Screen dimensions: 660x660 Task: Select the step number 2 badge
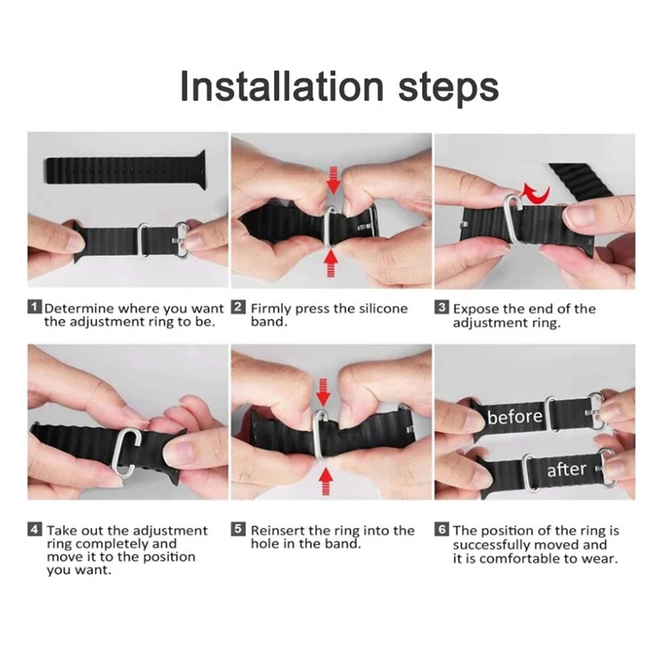(x=238, y=307)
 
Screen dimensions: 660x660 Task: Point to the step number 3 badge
(x=441, y=308)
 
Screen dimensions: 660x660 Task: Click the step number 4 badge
(x=35, y=529)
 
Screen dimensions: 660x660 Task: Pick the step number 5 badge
(x=238, y=529)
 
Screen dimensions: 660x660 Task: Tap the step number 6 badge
(x=441, y=529)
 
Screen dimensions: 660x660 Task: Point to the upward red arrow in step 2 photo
(x=331, y=264)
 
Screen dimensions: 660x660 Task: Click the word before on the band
(x=515, y=416)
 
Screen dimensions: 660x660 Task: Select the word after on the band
(x=566, y=469)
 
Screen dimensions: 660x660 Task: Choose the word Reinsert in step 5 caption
(x=278, y=530)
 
